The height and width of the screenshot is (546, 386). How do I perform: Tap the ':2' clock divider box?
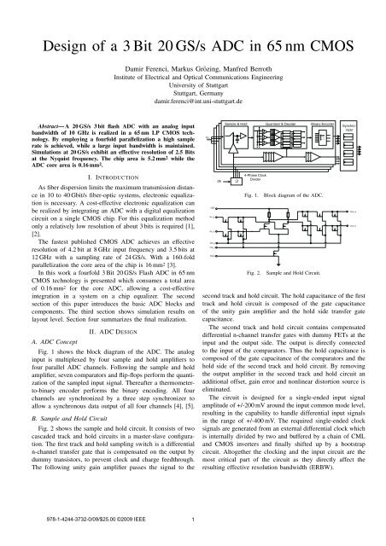[x=237, y=180]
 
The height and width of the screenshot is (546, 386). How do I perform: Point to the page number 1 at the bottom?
[x=193, y=522]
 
